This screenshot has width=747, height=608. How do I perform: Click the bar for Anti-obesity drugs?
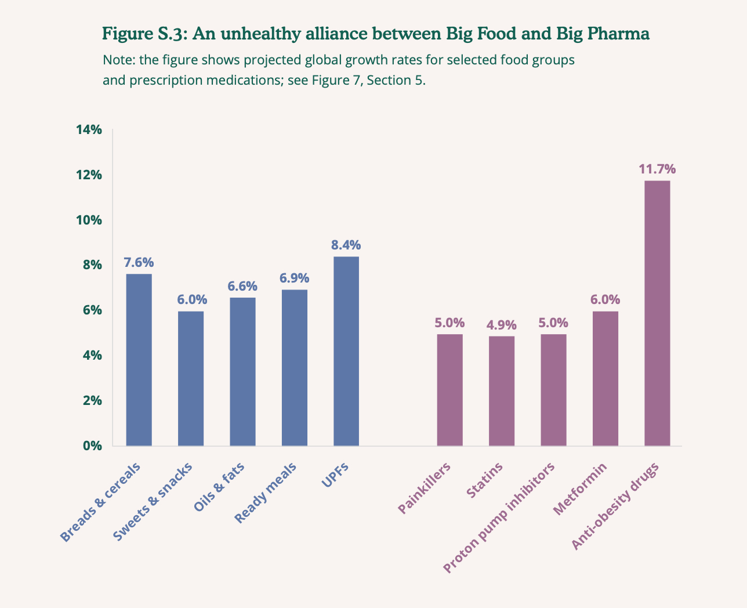(x=657, y=313)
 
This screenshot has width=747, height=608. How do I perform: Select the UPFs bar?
(x=346, y=351)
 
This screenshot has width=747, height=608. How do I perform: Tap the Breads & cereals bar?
(x=139, y=360)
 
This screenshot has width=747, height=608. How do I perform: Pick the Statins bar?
(x=502, y=391)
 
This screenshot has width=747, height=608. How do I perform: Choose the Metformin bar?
(x=605, y=378)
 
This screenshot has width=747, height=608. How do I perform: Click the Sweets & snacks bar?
(x=191, y=378)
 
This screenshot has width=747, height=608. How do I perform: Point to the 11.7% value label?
(x=657, y=169)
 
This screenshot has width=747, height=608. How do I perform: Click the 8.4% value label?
(x=346, y=245)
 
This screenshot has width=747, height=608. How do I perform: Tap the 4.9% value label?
(x=502, y=325)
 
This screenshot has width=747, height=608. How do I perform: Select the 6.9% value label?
(x=295, y=278)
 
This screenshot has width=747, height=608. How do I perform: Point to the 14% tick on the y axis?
(x=89, y=130)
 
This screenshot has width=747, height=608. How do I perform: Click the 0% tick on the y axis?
(x=92, y=446)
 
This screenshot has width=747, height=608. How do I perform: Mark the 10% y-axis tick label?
(x=89, y=220)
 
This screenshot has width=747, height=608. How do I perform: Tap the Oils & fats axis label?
(x=219, y=487)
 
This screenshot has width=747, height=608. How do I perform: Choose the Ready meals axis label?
(x=266, y=493)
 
